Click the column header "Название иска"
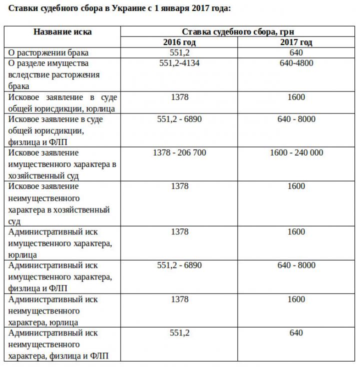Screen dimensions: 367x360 click(62, 31)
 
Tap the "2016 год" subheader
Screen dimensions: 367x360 click(179, 42)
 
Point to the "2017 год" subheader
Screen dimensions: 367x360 click(296, 42)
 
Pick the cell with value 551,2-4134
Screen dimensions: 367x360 click(179, 63)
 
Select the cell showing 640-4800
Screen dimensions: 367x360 click(296, 63)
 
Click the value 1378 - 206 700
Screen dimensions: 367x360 click(179, 152)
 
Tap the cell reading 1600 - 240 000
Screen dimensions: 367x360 click(296, 152)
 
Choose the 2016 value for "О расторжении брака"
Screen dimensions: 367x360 click(179, 52)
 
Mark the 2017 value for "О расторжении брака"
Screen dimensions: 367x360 click(296, 52)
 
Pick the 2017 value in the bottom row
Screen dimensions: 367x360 click(296, 332)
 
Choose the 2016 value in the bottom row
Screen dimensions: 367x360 click(179, 332)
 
